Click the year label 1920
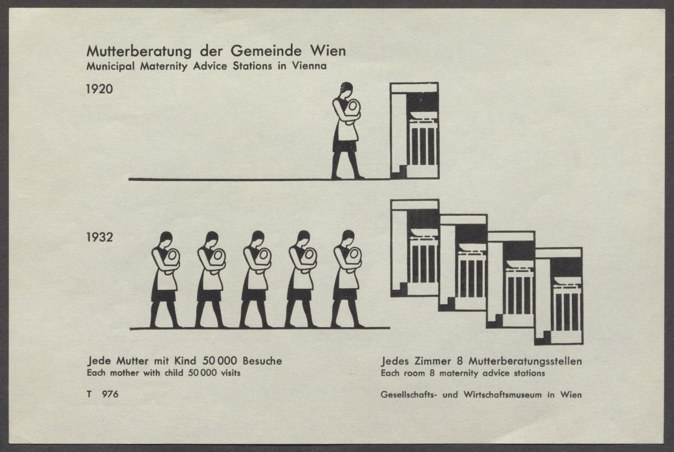(100, 89)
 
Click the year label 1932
(100, 237)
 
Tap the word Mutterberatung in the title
(139, 52)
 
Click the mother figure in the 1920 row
(346, 131)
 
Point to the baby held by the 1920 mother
(352, 109)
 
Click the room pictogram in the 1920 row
(414, 130)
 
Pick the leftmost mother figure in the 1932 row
(165, 280)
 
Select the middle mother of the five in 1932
(256, 279)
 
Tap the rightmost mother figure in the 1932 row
(347, 279)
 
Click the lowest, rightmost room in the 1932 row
(559, 296)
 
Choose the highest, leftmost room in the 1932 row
(414, 248)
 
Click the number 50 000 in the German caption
(220, 360)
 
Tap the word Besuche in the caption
(262, 360)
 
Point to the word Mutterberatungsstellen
(526, 361)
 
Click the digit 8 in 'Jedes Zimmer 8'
(460, 361)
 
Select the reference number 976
(110, 394)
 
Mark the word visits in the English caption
(231, 373)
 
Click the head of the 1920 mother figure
(346, 89)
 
